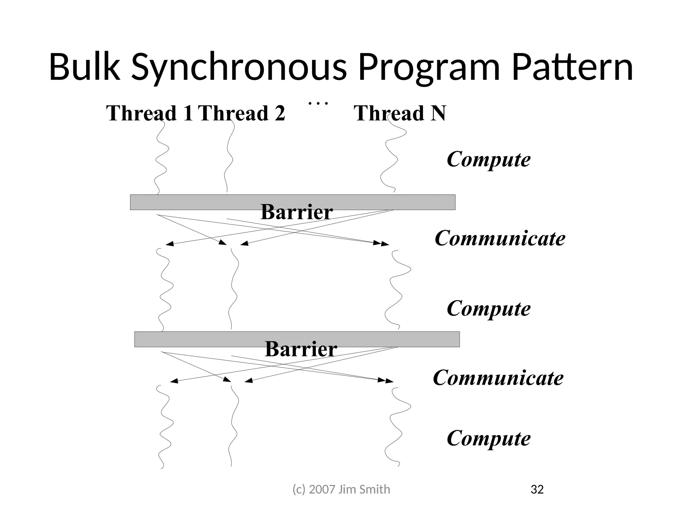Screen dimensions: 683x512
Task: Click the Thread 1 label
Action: pos(149,113)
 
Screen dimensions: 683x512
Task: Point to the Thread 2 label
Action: pos(241,113)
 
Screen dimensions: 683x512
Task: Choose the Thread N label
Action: pos(400,113)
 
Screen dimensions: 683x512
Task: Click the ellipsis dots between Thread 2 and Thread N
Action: pos(318,103)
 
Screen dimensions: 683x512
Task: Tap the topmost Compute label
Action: pos(489,159)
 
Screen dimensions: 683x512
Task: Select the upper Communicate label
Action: pos(500,238)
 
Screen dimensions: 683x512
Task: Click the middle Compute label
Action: pos(489,308)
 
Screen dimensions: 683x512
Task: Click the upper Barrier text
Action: pos(296,212)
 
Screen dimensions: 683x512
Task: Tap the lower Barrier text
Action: pos(301,349)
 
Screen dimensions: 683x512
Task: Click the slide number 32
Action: pos(537,489)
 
